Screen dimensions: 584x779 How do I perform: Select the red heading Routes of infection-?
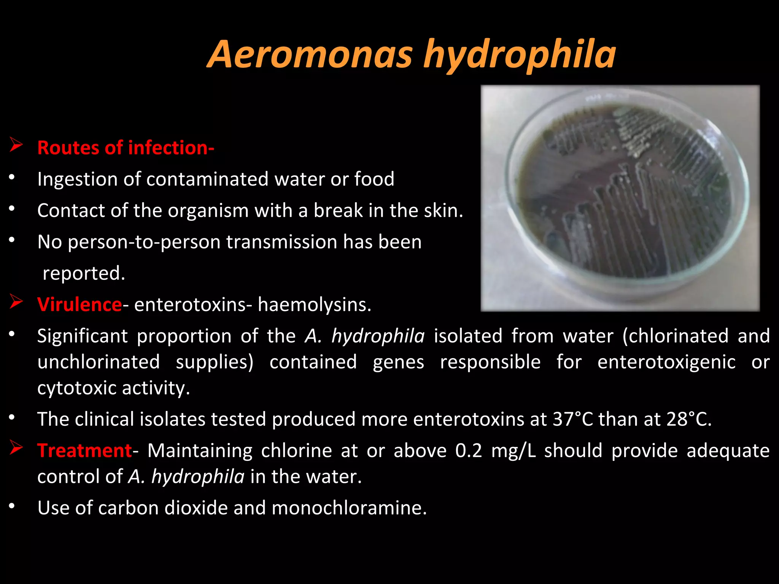126,148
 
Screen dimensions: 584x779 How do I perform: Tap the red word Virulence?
79,305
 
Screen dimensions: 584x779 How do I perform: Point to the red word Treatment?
84,451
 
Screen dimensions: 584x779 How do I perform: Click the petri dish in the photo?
624,198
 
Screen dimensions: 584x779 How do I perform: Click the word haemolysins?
313,305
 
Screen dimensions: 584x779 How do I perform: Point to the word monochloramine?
349,508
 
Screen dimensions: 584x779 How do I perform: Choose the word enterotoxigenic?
666,362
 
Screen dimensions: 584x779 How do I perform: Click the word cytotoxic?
76,388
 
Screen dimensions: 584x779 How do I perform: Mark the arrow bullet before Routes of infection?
16,145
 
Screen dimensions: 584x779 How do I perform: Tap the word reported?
83,273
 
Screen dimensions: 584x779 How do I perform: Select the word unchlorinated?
99,362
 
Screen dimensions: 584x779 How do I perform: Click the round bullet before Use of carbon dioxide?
12,506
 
